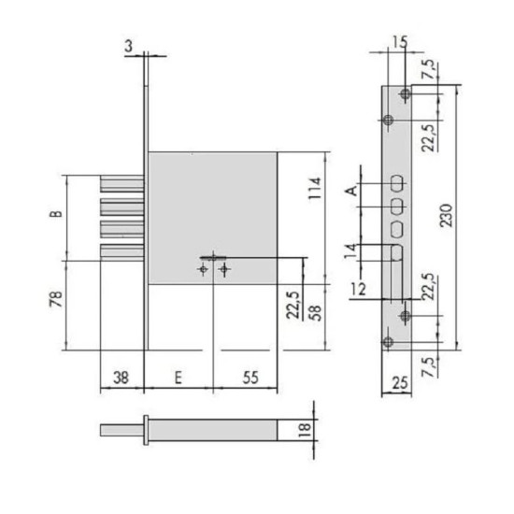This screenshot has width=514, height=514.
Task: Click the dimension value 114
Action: (315, 188)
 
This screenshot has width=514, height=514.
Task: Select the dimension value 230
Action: (446, 215)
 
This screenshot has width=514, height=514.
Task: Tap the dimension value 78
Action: (56, 299)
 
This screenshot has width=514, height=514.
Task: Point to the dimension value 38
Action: (121, 378)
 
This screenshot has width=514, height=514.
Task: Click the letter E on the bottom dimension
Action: (178, 378)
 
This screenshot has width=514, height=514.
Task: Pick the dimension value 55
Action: (250, 378)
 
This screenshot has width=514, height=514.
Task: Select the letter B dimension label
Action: (56, 213)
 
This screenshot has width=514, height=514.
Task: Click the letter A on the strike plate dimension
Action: (352, 191)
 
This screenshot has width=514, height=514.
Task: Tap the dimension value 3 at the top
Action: (129, 46)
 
